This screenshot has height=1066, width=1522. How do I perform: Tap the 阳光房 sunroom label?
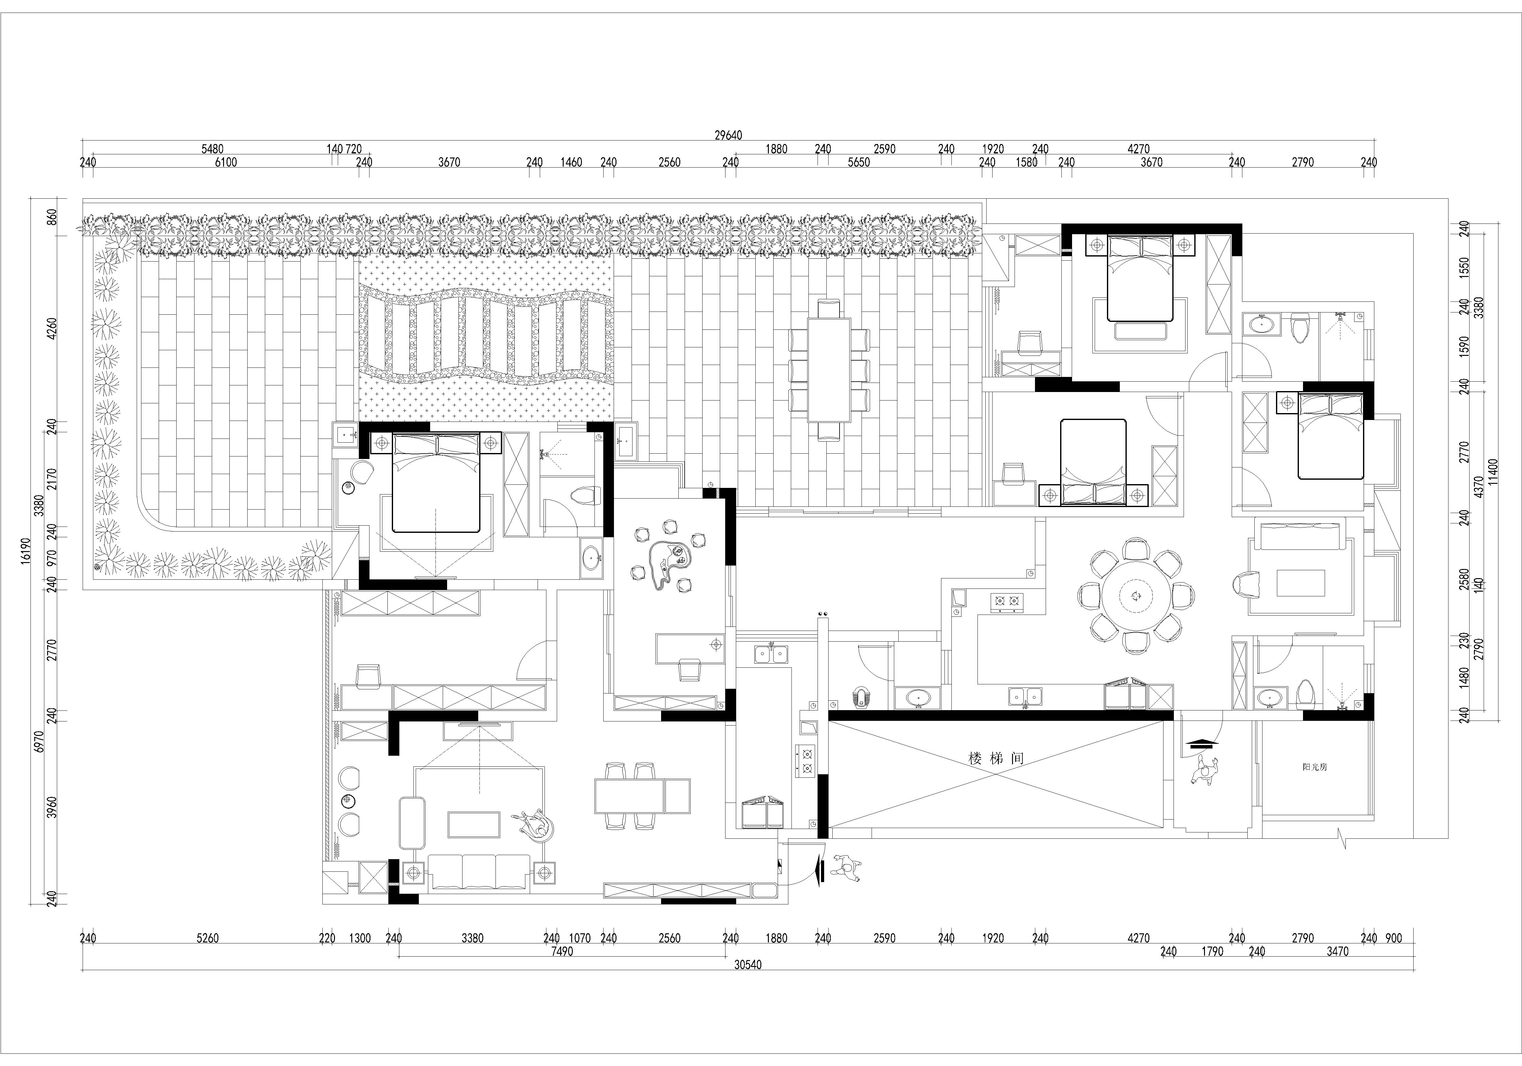pyautogui.click(x=1315, y=767)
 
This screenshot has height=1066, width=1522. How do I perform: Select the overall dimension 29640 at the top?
pyautogui.click(x=728, y=135)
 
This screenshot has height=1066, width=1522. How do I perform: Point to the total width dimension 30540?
pyautogui.click(x=748, y=965)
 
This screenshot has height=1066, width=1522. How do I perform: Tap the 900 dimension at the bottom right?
pyautogui.click(x=1394, y=938)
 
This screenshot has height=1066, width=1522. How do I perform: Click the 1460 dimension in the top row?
pyautogui.click(x=572, y=162)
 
